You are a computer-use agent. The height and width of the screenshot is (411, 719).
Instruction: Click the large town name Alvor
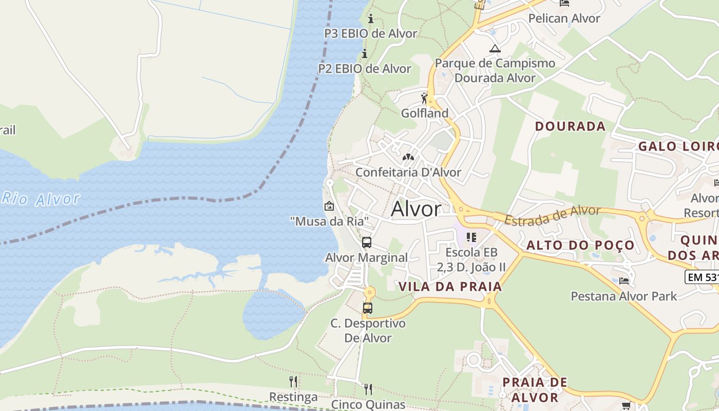tap(416, 209)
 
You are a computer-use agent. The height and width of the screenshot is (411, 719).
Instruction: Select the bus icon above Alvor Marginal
tap(367, 242)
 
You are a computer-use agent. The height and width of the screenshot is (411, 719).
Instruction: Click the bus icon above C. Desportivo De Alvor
tap(368, 308)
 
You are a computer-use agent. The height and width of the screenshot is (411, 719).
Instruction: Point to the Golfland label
tap(425, 113)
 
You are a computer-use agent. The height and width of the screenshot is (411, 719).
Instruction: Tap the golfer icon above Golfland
tap(424, 98)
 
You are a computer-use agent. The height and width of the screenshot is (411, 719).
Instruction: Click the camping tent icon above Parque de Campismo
tap(495, 49)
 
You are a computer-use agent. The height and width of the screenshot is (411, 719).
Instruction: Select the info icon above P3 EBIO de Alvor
tap(371, 19)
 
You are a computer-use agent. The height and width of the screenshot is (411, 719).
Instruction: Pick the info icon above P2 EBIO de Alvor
tap(365, 53)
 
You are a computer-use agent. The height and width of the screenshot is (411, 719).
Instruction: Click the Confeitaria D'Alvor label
tap(408, 172)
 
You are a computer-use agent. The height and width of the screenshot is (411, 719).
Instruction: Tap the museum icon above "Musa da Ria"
tap(329, 207)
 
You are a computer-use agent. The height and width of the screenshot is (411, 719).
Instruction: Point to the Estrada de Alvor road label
tap(552, 215)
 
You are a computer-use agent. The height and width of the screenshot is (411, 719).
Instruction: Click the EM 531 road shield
tap(703, 277)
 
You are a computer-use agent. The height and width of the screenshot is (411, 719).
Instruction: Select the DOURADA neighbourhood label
tap(570, 126)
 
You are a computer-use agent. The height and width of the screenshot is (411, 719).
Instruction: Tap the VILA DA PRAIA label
tap(450, 287)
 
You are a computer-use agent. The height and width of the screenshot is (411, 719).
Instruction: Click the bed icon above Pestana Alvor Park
tap(624, 281)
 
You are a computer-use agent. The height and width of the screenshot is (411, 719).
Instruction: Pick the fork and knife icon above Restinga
tap(293, 381)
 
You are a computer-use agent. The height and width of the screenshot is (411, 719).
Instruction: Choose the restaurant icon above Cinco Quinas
tap(368, 389)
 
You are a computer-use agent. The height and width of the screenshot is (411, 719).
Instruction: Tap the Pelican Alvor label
tap(564, 18)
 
